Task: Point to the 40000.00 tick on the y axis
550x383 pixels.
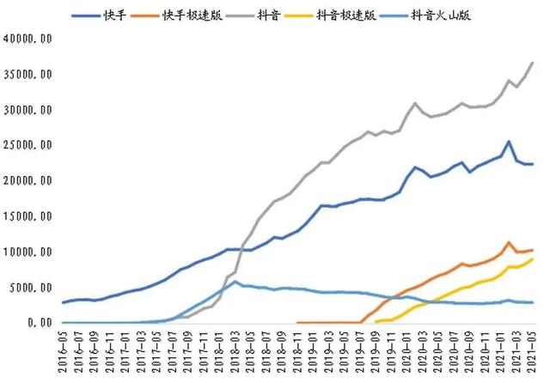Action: [28, 40]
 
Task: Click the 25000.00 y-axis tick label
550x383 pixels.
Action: [28, 146]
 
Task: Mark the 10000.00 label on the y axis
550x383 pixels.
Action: [28, 252]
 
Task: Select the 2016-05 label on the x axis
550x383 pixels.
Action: [64, 355]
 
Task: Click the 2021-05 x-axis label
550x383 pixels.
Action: [533, 355]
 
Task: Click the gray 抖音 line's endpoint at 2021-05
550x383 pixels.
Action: [533, 63]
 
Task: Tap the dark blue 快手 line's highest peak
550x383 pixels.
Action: [509, 142]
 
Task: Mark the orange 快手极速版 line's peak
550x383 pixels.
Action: [509, 243]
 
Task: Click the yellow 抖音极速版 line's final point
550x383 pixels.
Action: [533, 259]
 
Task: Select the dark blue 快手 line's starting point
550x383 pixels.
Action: [64, 302]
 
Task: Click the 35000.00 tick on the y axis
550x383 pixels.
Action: [28, 75]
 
